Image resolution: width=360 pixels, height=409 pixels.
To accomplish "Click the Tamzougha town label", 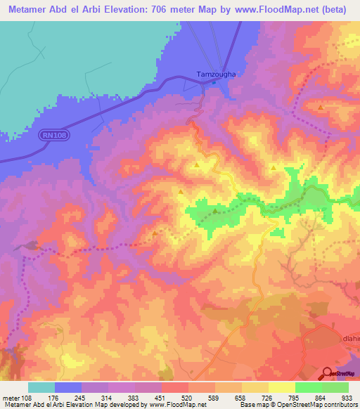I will (210, 73).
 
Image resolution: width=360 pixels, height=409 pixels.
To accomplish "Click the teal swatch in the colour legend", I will (41, 387).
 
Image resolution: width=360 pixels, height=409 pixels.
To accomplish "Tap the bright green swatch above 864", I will (309, 387).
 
